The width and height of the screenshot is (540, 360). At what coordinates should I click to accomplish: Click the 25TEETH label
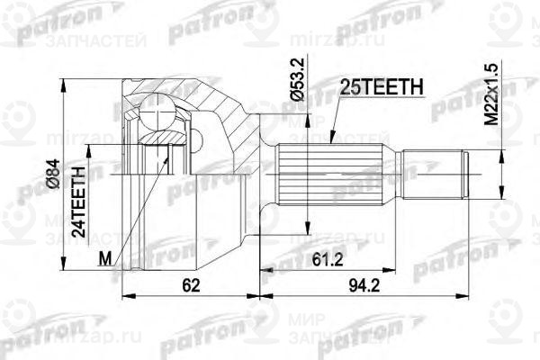[377, 87]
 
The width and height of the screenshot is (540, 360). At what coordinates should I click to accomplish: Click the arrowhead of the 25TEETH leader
[330, 140]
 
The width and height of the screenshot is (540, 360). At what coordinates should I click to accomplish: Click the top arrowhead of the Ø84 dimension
[62, 82]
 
